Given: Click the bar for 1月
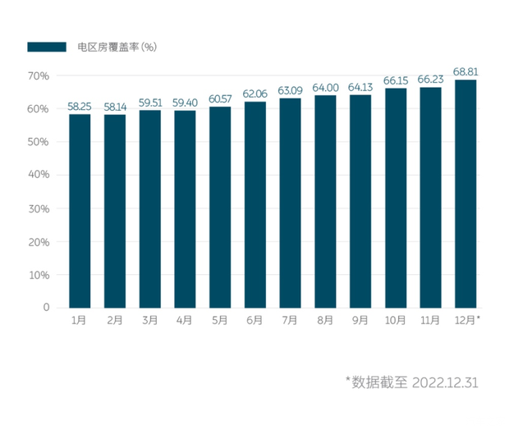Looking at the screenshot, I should coord(80,211).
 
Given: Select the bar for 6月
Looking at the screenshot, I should coord(255,204).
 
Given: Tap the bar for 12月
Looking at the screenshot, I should coord(465,194).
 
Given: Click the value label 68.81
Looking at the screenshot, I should coord(465,72).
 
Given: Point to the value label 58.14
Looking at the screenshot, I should coord(115,107).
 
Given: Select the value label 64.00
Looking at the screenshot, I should coord(325,88).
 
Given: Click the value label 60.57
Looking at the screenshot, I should coord(220,99).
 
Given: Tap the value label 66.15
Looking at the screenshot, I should coord(395,80).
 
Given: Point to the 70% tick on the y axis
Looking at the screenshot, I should coord(39,75).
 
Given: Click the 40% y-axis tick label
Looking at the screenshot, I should coord(39,175).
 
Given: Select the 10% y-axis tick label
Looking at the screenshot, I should coord(39,275).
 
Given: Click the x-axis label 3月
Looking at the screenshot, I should coord(149,320).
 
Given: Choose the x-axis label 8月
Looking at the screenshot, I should coord(325,320).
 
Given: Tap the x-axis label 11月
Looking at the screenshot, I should coord(430,320).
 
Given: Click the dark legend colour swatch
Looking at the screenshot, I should coord(46,47).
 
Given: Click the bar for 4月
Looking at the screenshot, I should coord(185,208).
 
